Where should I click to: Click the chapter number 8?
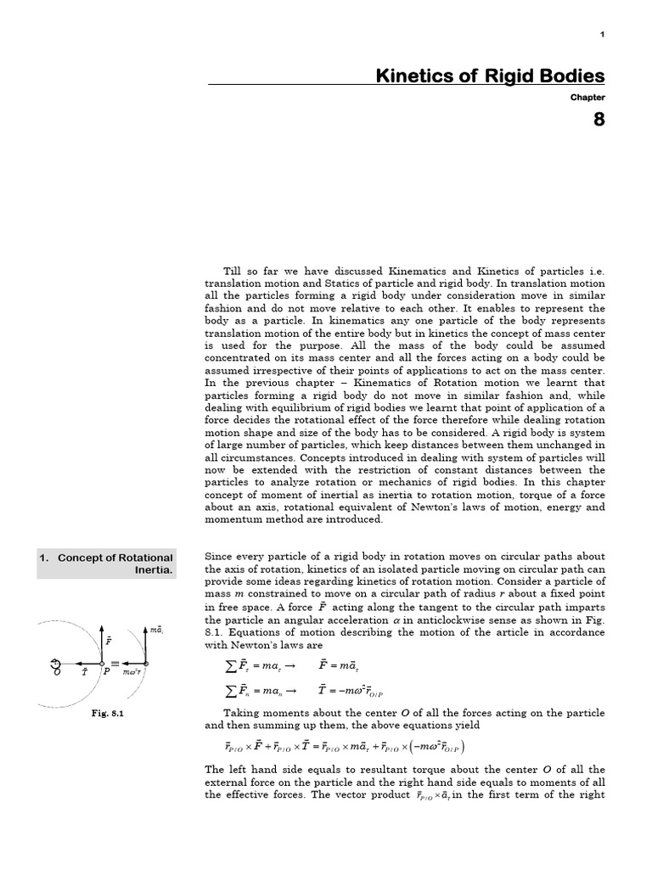pyautogui.click(x=598, y=120)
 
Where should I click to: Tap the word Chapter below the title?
pyautogui.click(x=587, y=98)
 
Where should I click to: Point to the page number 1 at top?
pyautogui.click(x=602, y=34)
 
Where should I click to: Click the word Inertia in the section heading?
pyautogui.click(x=155, y=570)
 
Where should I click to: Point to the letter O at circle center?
pyautogui.click(x=57, y=673)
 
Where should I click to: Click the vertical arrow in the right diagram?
pyautogui.click(x=146, y=645)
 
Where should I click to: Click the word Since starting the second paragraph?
pyautogui.click(x=220, y=557)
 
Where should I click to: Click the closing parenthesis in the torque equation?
pyautogui.click(x=464, y=747)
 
